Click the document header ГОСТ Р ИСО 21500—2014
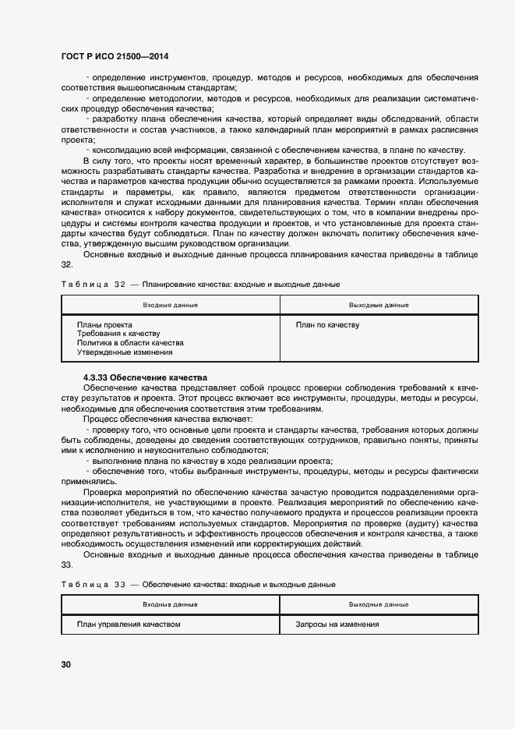coord(115,57)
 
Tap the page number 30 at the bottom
coord(66,664)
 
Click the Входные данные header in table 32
coord(170,305)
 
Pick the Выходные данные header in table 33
coord(379,604)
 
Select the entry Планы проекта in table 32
coord(104,324)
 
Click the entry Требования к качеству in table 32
coord(118,334)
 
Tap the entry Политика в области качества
coord(130,343)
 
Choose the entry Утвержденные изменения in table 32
coord(125,352)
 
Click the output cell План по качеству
coord(327,324)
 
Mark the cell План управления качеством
coord(129,625)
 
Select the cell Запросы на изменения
coord(337,625)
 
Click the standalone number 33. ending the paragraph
coord(67,564)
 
